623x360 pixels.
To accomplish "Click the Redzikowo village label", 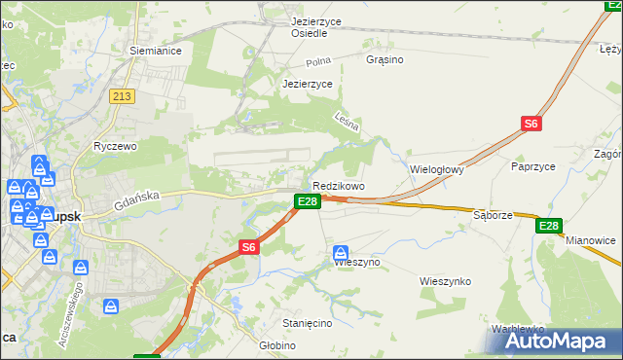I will pos(338,186).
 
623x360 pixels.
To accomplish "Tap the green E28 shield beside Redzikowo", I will pos(307,201).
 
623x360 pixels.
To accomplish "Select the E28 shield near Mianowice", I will pos(549,226).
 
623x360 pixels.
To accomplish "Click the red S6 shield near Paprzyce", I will pos(531,124).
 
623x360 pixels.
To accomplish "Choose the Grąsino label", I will pos(385,59).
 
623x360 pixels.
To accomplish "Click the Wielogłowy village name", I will pos(437,168).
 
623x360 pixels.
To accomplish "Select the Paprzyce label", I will pos(532,166).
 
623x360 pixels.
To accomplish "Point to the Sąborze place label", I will pos(492,214).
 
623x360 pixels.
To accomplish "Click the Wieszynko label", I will pos(445,281).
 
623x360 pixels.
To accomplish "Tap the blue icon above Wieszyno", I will pos(340,253).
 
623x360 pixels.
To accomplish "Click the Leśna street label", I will pos(348,125).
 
